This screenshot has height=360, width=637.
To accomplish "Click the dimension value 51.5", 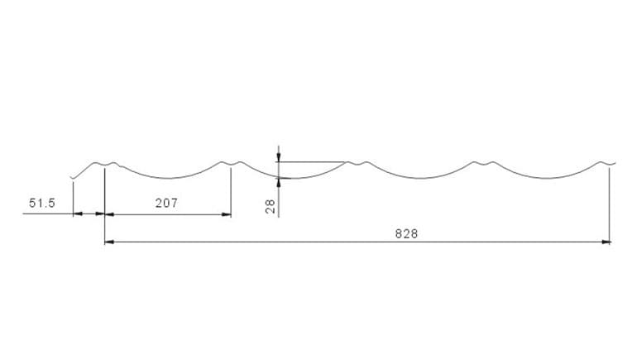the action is pos(42,203).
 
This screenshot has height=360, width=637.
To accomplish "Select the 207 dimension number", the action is pos(166,203).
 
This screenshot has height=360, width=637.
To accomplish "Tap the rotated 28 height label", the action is pos(271,206).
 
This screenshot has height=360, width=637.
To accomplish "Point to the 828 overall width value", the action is pos(406,233).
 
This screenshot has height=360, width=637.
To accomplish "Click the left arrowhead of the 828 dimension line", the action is pos(109,242).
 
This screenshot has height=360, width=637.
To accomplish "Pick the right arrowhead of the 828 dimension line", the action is pos(606,242).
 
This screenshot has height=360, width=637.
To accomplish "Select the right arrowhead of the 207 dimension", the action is pos(227,214).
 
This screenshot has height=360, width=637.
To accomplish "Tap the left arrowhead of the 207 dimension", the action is pos(109,214).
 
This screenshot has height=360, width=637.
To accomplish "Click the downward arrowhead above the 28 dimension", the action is pos(278,157).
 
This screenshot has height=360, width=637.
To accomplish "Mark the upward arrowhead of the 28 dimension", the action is pos(278,183).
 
